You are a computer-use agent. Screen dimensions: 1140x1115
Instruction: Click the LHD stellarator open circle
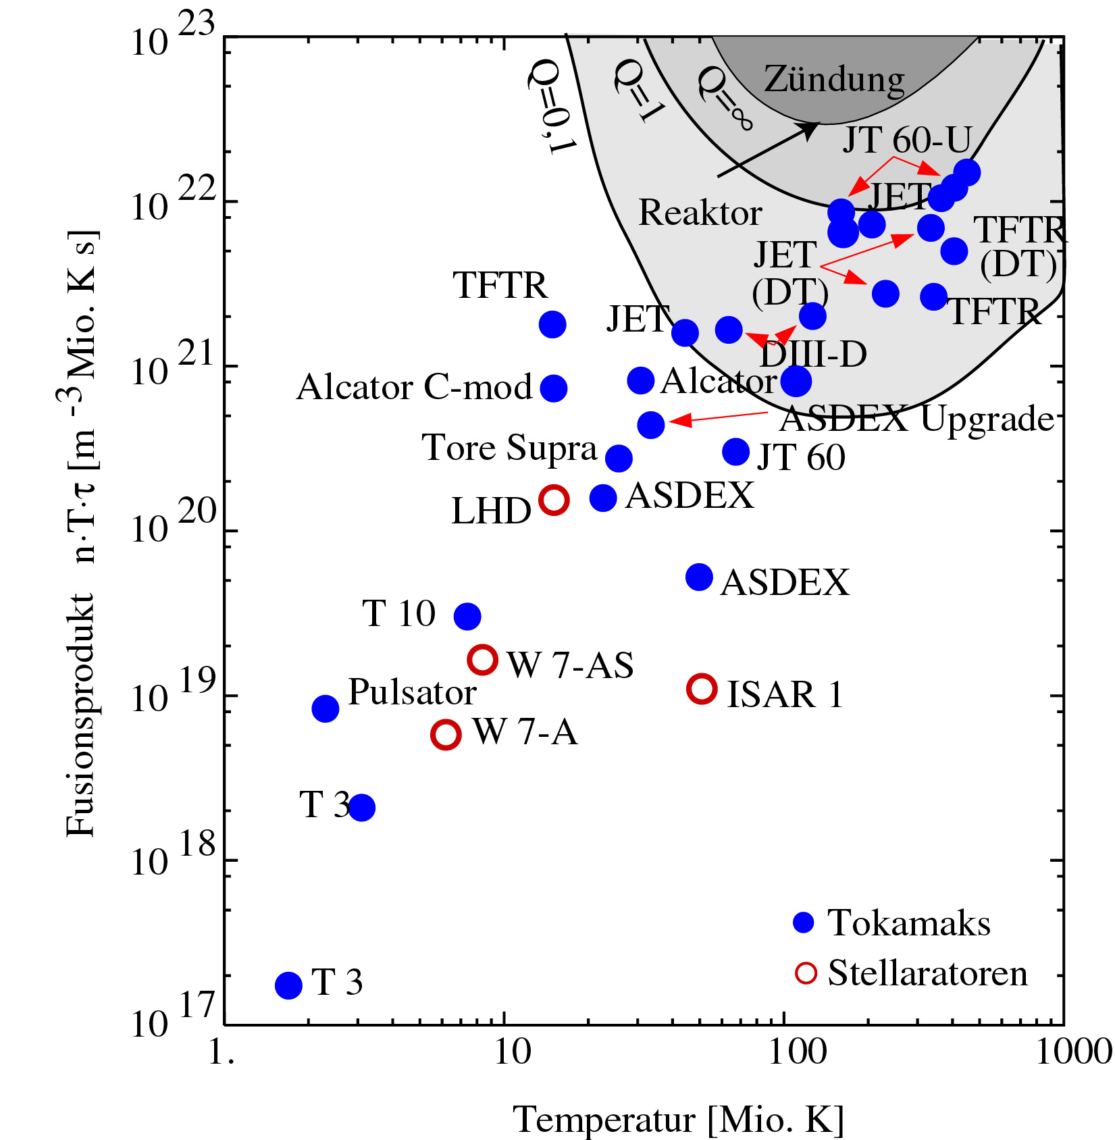554,500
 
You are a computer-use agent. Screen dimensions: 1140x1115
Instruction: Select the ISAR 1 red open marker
702,689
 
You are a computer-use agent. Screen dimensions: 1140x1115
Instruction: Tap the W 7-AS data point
483,660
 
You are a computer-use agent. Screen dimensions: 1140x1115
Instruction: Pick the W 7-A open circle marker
446,734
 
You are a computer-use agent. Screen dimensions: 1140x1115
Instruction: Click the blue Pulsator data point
326,708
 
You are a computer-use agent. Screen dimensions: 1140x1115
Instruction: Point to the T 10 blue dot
467,616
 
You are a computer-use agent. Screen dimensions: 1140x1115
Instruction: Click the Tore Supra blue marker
619,459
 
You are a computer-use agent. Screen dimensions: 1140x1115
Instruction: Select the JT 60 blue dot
736,452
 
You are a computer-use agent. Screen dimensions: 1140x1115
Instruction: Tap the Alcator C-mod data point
554,388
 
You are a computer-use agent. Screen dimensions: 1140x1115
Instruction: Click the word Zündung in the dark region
834,80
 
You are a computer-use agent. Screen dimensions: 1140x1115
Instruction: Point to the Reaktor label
700,213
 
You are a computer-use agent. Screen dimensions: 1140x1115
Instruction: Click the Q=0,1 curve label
552,106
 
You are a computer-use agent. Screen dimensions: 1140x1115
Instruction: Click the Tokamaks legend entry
908,923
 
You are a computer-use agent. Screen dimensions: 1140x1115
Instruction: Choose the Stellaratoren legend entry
927,973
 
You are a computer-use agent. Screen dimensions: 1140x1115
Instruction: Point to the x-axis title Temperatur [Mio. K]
679,1120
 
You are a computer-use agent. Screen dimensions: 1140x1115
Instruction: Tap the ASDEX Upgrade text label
916,419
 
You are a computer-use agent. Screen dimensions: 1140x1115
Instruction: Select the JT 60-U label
906,140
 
